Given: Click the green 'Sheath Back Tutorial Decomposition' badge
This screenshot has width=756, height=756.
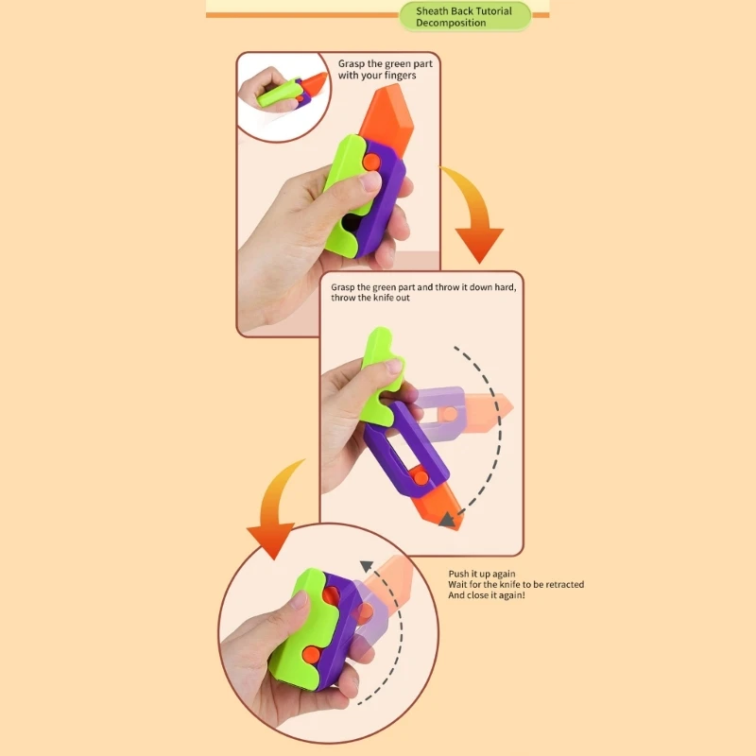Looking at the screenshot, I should pos(464,16).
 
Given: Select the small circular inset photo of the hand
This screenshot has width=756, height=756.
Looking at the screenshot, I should pos(281,95).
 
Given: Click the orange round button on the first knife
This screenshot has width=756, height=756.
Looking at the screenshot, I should pos(371,163).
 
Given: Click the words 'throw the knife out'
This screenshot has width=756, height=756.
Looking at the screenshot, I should pos(370,298).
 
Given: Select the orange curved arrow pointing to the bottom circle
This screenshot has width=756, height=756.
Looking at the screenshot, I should pos(272,510).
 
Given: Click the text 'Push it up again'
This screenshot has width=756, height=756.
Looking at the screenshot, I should pos(482,574).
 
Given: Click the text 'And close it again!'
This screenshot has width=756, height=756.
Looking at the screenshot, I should pos(487,596).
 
